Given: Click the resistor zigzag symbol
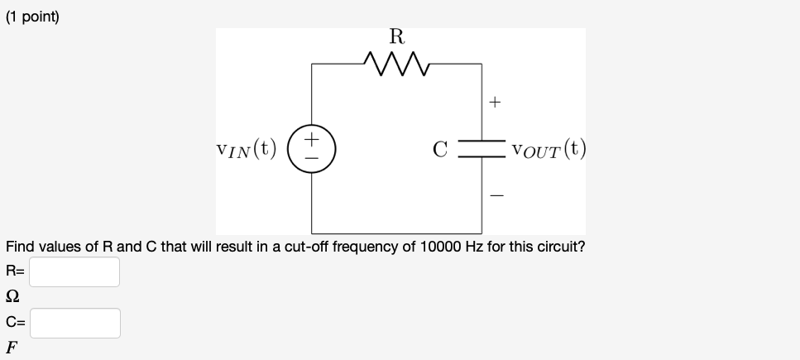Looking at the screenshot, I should [396, 63].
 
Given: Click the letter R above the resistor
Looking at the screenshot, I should [396, 36].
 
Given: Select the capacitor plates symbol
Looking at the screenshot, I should [482, 151].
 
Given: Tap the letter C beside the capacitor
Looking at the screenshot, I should [441, 151].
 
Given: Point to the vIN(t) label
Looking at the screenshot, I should [246, 151].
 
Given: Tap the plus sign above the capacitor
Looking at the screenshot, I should [495, 103].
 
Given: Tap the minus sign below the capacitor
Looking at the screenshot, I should [495, 195].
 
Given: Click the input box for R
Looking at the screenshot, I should [75, 271].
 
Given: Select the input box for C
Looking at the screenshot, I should [75, 323].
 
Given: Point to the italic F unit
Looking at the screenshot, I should [12, 348].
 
